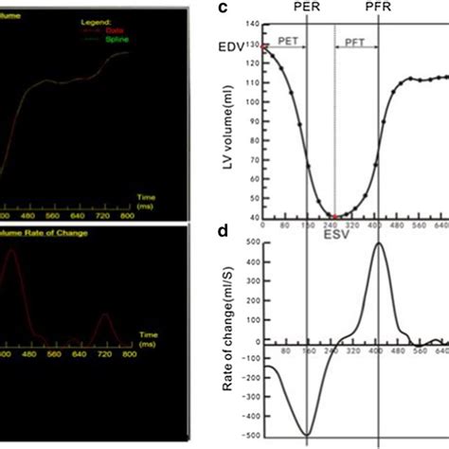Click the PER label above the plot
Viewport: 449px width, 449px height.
pos(306,9)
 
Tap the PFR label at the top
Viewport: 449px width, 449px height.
pos(378,9)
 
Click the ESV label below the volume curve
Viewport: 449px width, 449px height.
pos(333,227)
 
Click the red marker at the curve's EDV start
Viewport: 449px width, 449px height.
pos(264,46)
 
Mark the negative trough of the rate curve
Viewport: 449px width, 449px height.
pos(306,435)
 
